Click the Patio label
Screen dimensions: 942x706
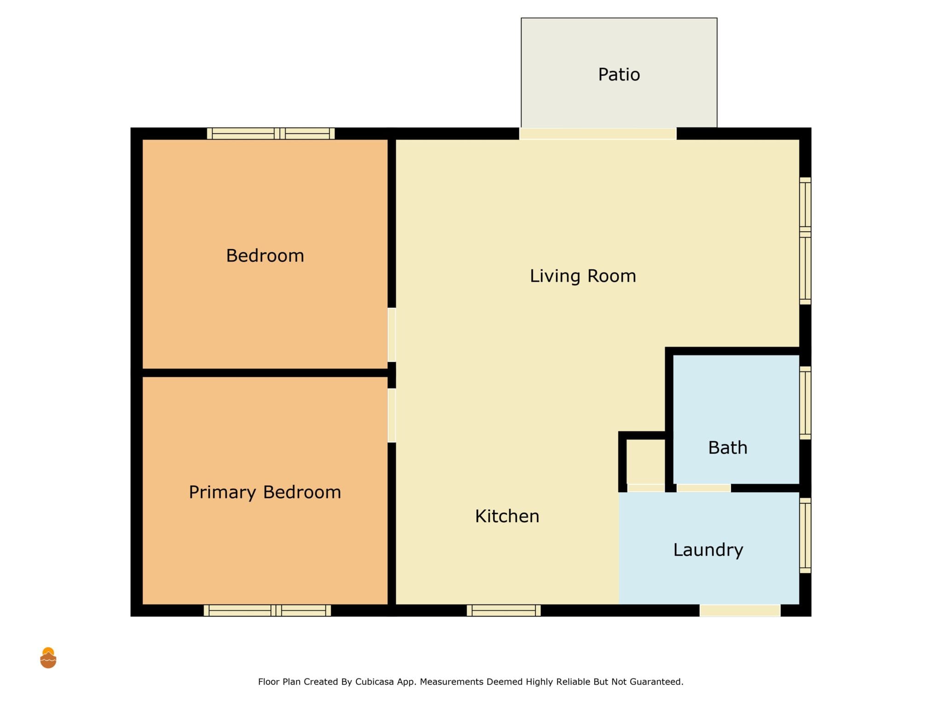[x=619, y=74]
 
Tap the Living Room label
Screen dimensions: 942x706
[x=583, y=276]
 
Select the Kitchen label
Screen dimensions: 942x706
[x=507, y=516]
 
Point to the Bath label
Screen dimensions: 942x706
[x=728, y=448]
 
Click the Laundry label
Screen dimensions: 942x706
[x=708, y=550]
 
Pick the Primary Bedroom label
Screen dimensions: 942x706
[x=265, y=492]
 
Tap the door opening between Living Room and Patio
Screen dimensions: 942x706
[x=597, y=134]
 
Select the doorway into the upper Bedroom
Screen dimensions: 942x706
[x=391, y=335]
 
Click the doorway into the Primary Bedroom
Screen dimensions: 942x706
[x=391, y=416]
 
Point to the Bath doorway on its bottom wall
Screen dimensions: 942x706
[x=703, y=488]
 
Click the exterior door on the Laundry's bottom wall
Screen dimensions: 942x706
[x=740, y=610]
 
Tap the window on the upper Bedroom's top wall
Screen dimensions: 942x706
[x=271, y=134]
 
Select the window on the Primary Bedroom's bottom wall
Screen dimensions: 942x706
[x=267, y=610]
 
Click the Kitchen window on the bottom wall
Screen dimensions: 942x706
[x=504, y=610]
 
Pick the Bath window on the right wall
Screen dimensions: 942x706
[x=805, y=403]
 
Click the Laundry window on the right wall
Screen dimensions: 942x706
[x=805, y=535]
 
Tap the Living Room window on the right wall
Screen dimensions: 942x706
[x=805, y=241]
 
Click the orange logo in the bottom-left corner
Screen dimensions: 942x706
[x=48, y=658]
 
